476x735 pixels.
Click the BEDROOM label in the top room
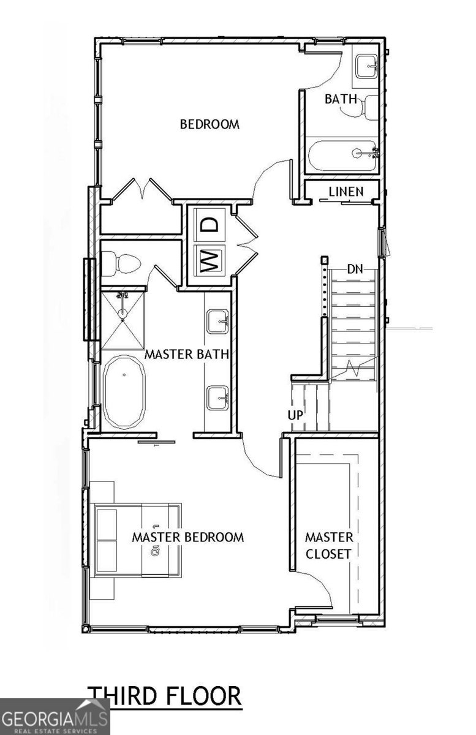tap(209, 124)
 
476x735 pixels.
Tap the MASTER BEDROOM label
tap(188, 537)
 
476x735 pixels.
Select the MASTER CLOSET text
tap(329, 545)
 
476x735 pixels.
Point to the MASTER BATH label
tap(186, 354)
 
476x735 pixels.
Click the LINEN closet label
tap(346, 192)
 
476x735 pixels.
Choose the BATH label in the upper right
tap(341, 98)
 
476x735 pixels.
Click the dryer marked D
tap(210, 224)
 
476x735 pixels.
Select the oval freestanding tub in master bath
tap(124, 392)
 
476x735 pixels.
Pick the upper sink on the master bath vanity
tap(217, 321)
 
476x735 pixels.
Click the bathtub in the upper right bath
tap(341, 156)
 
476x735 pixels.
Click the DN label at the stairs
tap(355, 269)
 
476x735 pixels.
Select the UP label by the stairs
tap(295, 415)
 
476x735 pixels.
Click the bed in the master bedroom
tap(137, 540)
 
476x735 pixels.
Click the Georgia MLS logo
tap(55, 717)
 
